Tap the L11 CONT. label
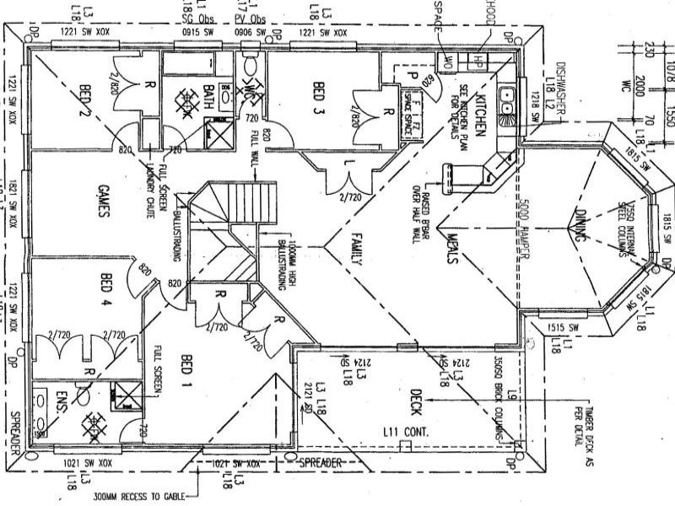coord(406,432)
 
